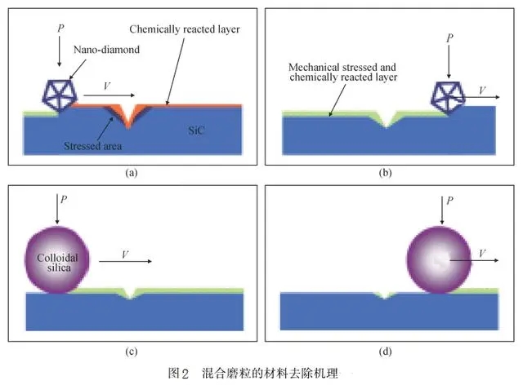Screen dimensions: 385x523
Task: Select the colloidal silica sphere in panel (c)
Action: click(x=56, y=259)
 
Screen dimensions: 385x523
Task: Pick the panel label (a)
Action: click(x=131, y=173)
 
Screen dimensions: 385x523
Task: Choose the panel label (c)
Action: click(x=131, y=352)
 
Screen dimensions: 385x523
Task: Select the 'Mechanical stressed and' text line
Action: click(x=343, y=66)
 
